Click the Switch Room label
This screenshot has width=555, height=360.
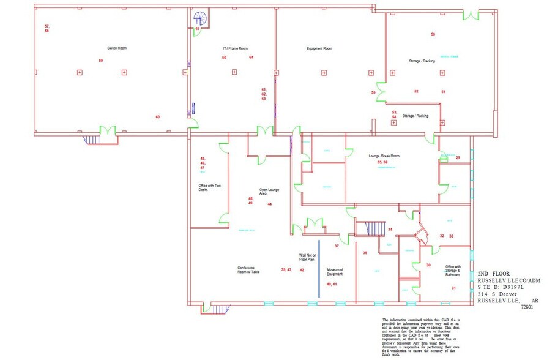pos(117,48)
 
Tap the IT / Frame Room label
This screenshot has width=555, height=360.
pos(235,48)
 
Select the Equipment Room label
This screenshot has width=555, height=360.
pos(319,48)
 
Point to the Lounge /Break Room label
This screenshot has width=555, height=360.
pos(384,156)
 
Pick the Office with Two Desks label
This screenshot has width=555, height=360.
pos(207,187)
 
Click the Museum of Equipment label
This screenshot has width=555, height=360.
pos(334,271)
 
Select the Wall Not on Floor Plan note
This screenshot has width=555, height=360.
pos(307,257)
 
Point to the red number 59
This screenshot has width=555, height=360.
pos(101,61)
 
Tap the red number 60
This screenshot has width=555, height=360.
pos(158,116)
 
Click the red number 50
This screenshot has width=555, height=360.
pos(433,34)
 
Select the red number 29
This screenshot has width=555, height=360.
pos(458,158)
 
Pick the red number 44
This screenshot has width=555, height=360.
pos(269,204)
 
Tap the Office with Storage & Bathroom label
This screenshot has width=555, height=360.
pos(453,271)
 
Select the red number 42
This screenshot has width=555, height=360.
pos(302,269)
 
